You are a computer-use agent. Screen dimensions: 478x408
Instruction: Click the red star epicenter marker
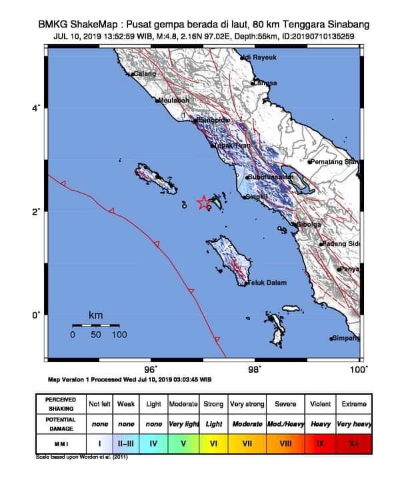[203, 203]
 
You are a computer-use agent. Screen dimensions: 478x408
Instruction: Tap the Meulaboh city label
[175, 101]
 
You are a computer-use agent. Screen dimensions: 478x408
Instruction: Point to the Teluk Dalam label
[268, 283]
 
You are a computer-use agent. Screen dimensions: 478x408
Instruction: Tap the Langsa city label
[265, 83]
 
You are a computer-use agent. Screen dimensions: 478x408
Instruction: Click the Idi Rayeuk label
[261, 58]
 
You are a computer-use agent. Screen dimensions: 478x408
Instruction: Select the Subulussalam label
[271, 177]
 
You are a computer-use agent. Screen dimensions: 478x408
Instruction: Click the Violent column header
[319, 404]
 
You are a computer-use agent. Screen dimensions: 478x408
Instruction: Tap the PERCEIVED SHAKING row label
[61, 404]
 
